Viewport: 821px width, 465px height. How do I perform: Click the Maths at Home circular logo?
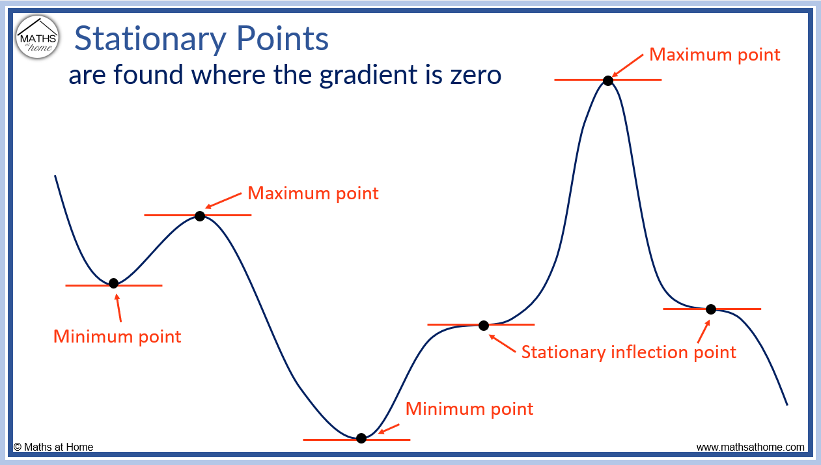38,36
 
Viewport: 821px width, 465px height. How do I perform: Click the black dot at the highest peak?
607,80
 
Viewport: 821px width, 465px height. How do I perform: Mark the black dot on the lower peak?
200,216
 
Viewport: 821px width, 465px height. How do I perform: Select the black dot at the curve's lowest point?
361,438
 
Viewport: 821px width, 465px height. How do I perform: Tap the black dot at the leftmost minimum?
113,283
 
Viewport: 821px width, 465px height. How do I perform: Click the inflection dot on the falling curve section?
710,309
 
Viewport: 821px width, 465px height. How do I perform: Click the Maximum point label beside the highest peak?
714,55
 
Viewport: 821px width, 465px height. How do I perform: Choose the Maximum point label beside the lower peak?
313,193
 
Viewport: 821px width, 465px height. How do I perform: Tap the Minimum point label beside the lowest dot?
469,409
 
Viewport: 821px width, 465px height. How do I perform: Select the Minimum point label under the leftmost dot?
117,337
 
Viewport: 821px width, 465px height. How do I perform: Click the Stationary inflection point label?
628,352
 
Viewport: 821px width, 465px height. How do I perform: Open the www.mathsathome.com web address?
750,447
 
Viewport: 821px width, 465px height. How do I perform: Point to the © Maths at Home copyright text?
53,447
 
